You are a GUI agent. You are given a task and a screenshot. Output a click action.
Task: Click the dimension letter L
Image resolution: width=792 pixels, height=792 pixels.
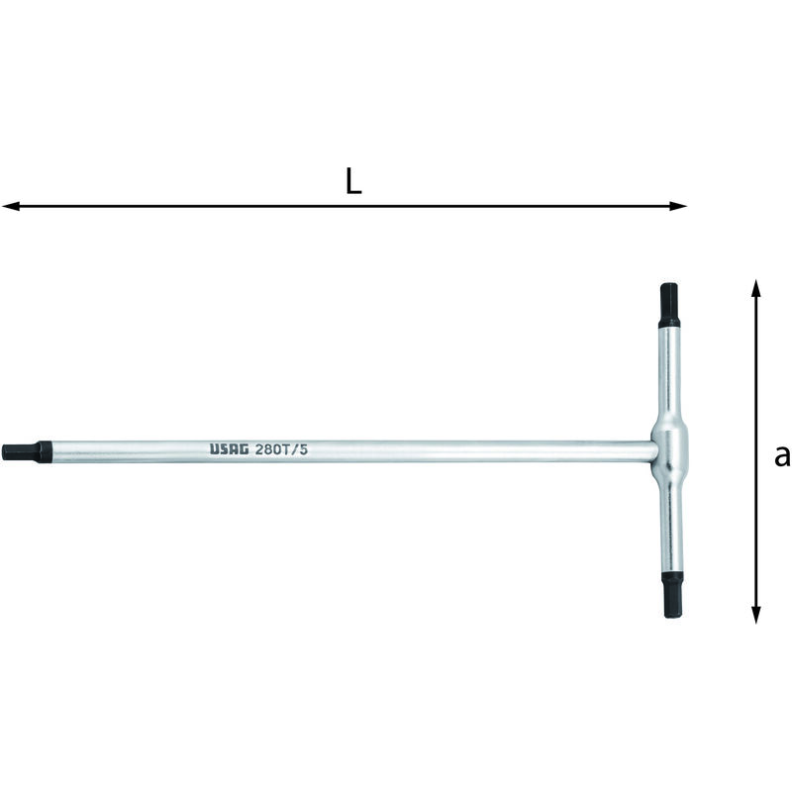click(x=353, y=181)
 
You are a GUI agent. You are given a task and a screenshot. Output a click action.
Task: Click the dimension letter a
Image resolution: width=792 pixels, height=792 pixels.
click(x=782, y=456)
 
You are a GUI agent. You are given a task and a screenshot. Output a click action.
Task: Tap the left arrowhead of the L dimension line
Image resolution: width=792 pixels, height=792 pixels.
click(x=11, y=206)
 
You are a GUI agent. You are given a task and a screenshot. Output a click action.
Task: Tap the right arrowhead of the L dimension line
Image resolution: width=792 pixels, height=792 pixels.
click(x=678, y=206)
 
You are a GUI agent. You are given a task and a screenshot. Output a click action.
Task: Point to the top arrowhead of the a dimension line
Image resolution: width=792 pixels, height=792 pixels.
click(x=755, y=288)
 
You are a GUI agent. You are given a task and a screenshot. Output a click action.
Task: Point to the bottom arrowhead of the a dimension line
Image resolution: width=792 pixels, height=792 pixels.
click(x=755, y=614)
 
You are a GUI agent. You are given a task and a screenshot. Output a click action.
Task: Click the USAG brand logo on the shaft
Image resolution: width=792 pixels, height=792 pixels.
click(x=230, y=449)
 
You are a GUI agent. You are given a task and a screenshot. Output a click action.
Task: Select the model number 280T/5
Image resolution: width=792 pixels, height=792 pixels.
click(x=281, y=449)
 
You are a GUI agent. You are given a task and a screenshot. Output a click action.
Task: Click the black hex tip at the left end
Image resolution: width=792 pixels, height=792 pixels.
click(x=27, y=451)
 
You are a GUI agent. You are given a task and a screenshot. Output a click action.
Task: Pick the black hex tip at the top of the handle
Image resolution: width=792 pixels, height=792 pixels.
click(x=669, y=306)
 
